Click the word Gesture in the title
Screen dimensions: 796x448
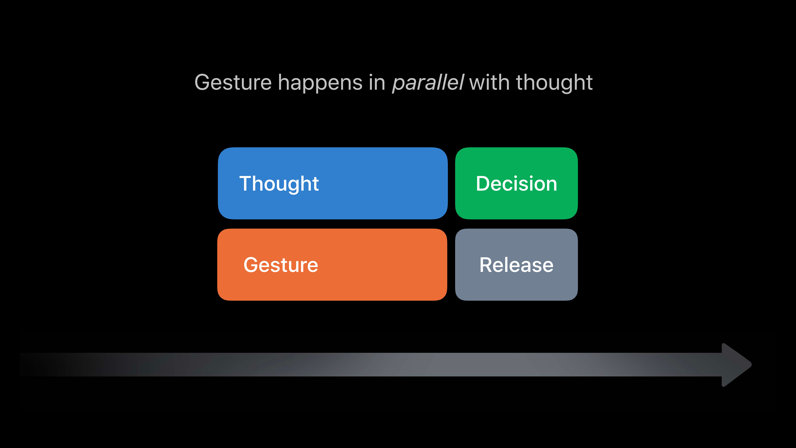(233, 83)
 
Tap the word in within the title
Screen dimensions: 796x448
(377, 83)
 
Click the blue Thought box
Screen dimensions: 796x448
(333, 183)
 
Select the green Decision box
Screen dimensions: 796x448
(516, 183)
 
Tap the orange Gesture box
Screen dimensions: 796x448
(332, 265)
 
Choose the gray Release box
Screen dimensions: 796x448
(516, 265)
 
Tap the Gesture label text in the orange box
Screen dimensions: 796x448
(281, 265)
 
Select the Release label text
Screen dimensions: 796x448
(516, 265)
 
